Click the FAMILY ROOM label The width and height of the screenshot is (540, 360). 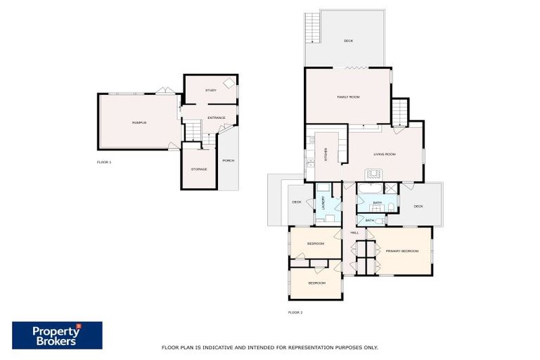[348, 97]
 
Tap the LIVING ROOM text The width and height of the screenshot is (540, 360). [384, 154]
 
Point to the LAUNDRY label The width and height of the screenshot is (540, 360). [323, 203]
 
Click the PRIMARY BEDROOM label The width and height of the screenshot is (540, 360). [401, 251]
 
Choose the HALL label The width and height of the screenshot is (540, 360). [354, 232]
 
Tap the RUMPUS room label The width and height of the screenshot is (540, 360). [139, 122]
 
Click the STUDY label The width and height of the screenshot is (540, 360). [210, 90]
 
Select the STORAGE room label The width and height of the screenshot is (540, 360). [199, 169]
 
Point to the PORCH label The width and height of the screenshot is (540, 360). [228, 161]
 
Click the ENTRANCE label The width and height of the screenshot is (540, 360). [216, 117]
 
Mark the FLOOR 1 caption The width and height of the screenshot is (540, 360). [104, 162]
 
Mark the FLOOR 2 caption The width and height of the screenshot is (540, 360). [295, 311]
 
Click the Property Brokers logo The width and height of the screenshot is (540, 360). [57, 335]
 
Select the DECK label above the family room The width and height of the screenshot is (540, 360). [348, 41]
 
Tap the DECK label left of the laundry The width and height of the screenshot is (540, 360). [297, 203]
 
